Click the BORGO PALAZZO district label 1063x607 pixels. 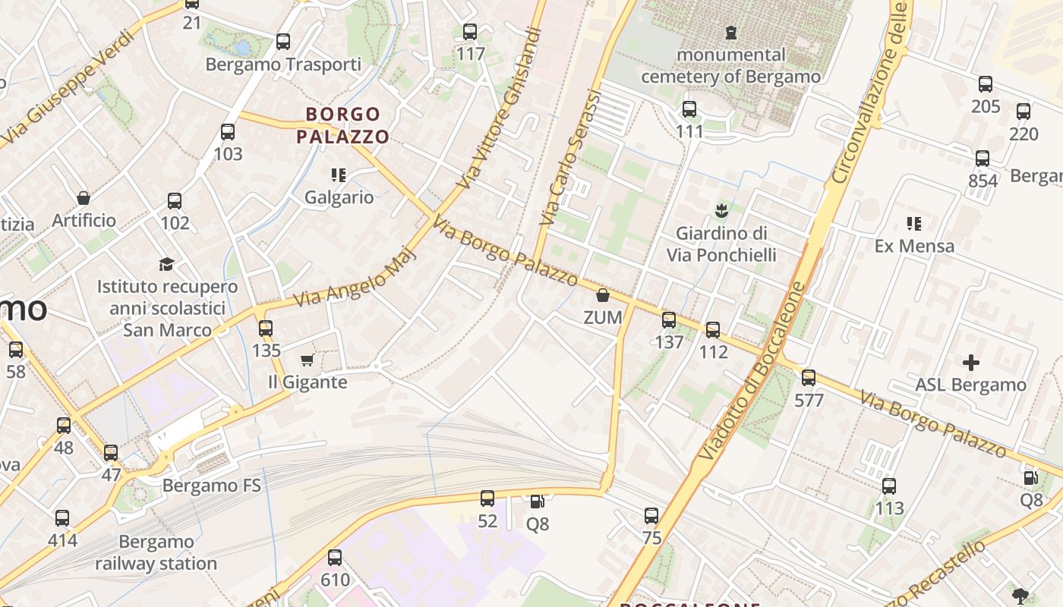(342, 126)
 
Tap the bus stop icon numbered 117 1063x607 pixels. (470, 32)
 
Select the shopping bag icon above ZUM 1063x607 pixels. (603, 295)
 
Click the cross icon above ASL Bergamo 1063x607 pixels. (970, 363)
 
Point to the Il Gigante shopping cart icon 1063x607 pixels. (308, 360)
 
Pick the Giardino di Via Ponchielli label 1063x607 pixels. (721, 244)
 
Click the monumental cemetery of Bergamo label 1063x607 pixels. (730, 65)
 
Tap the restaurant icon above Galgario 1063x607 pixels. (339, 176)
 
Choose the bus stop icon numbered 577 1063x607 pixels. (809, 377)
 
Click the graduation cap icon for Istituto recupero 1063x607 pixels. (166, 264)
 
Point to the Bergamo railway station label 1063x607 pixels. (156, 552)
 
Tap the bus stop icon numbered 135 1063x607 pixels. (266, 329)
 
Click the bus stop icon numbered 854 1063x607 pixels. (983, 159)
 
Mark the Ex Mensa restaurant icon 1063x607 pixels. (914, 224)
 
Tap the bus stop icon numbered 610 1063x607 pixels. (335, 558)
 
